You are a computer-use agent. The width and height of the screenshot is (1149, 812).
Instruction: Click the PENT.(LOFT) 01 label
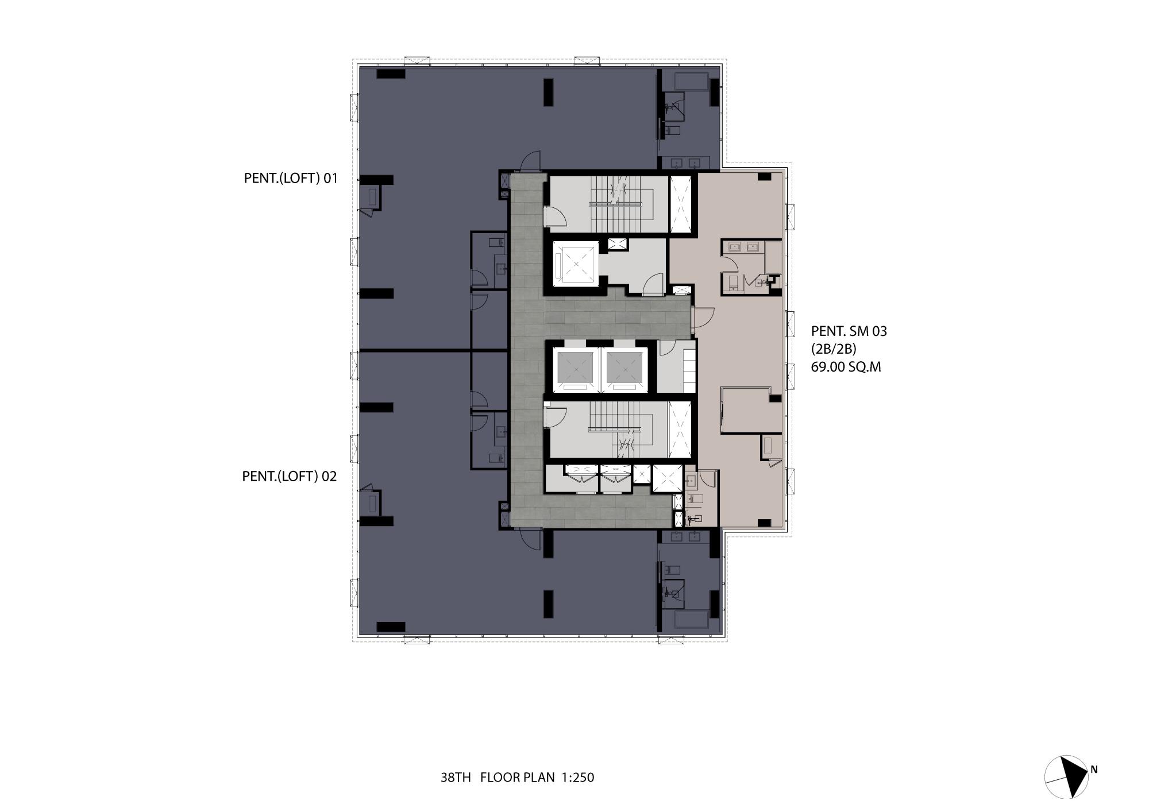[x=291, y=178]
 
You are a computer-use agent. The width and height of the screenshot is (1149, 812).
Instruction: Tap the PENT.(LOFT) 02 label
[x=290, y=476]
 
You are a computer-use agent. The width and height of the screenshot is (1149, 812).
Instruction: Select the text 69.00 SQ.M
[x=846, y=367]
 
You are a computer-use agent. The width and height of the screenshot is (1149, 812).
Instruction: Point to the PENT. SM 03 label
[x=849, y=331]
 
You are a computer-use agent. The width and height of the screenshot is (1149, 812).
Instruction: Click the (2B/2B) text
[x=834, y=349]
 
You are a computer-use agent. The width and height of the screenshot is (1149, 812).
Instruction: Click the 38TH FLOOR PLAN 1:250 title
[x=517, y=778]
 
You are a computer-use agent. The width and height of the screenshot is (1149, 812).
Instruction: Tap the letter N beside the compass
[x=1094, y=770]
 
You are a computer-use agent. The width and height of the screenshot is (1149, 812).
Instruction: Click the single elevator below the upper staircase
[x=575, y=264]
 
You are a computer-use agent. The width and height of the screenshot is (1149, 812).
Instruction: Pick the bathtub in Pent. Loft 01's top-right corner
[x=687, y=82]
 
